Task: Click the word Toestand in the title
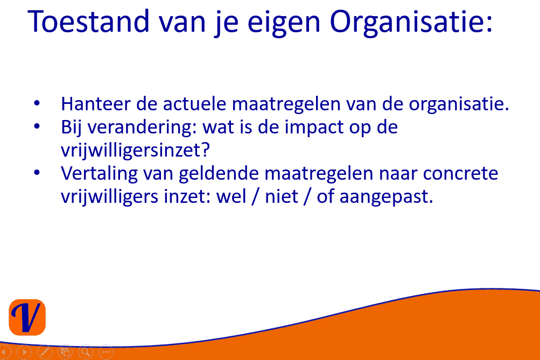[88, 22]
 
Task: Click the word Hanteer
[96, 104]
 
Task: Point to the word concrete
[460, 173]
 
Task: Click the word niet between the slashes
[282, 196]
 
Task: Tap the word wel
[231, 196]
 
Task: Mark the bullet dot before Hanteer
[37, 103]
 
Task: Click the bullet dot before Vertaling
[37, 172]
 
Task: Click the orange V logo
[27, 317]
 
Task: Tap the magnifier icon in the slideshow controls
[86, 352]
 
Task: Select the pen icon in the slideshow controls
[45, 352]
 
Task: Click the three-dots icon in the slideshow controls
[106, 352]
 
